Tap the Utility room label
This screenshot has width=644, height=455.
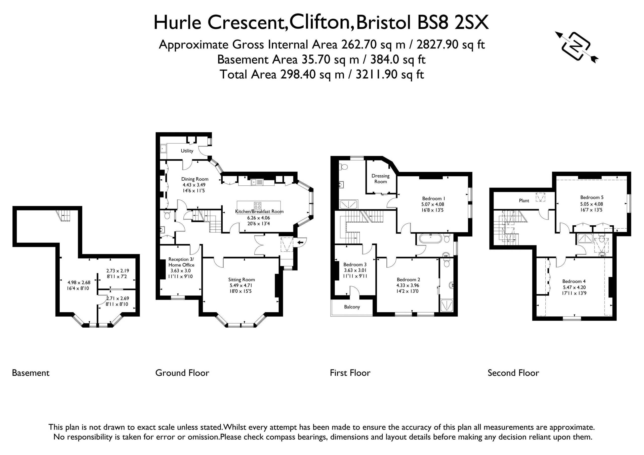[187, 151]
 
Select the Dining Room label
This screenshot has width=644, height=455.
[195, 179]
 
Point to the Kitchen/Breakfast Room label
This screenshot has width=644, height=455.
[259, 212]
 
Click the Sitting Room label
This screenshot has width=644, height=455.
[242, 280]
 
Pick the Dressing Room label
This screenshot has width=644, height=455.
[380, 179]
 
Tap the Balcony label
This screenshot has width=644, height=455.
[352, 307]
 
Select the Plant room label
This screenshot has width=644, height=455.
[524, 200]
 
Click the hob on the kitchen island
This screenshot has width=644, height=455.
[258, 206]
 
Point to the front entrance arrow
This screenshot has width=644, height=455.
[301, 242]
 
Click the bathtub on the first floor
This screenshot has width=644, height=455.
[430, 239]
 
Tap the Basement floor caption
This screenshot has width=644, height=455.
[31, 373]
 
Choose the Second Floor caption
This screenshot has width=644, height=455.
[513, 373]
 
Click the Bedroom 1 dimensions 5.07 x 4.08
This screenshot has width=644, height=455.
[432, 204]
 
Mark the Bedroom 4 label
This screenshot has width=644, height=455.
[574, 281]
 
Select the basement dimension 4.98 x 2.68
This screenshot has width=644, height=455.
[79, 282]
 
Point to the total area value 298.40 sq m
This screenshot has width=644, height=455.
[312, 75]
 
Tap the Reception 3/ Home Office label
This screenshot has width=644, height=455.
[181, 262]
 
